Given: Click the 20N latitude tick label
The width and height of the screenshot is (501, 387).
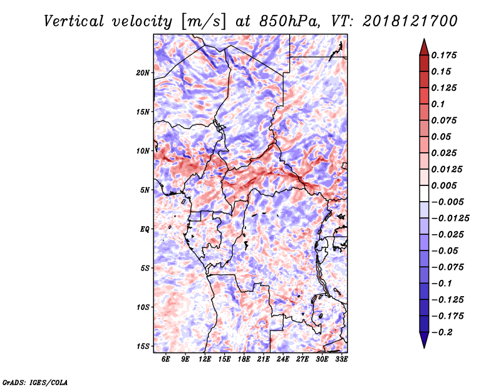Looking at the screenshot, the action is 143,73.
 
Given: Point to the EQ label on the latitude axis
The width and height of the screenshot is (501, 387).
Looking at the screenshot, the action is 145,229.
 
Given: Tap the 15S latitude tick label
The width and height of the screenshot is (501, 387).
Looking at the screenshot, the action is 143,346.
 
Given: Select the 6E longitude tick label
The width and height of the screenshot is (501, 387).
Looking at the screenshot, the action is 165,359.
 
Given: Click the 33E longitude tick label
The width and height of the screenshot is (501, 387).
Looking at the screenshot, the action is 341,359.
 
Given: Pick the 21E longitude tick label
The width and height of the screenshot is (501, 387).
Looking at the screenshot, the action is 263,359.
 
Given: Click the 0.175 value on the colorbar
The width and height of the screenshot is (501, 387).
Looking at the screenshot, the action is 444,55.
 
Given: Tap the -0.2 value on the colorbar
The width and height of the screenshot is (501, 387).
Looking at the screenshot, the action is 442,333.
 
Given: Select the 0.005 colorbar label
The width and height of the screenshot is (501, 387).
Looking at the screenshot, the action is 444,185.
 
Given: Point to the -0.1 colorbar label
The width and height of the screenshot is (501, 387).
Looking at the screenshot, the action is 442,284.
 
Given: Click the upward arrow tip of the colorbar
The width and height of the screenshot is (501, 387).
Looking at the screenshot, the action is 424,39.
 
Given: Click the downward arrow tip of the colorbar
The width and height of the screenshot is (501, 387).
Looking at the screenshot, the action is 424,348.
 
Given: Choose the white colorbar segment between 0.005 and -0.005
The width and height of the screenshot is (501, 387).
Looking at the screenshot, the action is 424,194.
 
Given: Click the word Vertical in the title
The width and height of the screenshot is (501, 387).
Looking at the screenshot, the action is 73,21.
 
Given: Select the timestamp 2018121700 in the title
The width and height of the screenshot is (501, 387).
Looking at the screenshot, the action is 410,21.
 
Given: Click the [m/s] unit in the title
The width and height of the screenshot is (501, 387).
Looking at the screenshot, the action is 204,22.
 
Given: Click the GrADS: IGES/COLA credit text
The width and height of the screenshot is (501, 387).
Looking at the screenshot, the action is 35,383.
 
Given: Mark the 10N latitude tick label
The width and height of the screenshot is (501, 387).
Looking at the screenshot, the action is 143,151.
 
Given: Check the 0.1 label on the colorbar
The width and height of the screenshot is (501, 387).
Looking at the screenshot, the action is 438,104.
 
